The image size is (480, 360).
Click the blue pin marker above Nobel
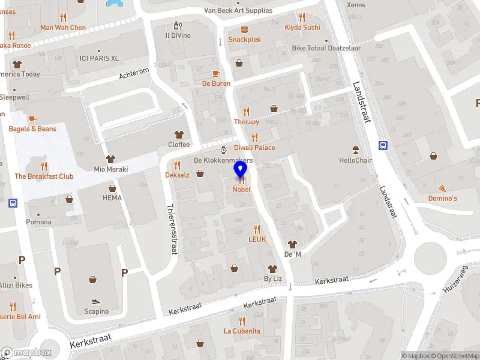[241, 170]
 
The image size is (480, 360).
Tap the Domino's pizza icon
[442, 188]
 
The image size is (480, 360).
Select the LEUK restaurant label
[257, 239]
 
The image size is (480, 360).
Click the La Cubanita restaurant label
[242, 331]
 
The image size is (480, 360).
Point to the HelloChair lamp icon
[356, 150]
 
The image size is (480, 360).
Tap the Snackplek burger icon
[244, 29]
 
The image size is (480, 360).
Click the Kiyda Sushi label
[302, 28]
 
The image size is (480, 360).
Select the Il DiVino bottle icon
[177, 25]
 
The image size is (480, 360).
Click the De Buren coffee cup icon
[215, 73]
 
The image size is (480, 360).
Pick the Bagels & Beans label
[32, 129]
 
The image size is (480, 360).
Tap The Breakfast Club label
[44, 176]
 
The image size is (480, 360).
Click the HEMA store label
[112, 198]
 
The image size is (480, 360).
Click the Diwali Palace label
[254, 148]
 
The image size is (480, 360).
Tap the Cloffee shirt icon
[178, 134]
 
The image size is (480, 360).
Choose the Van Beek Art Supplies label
[238, 11]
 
